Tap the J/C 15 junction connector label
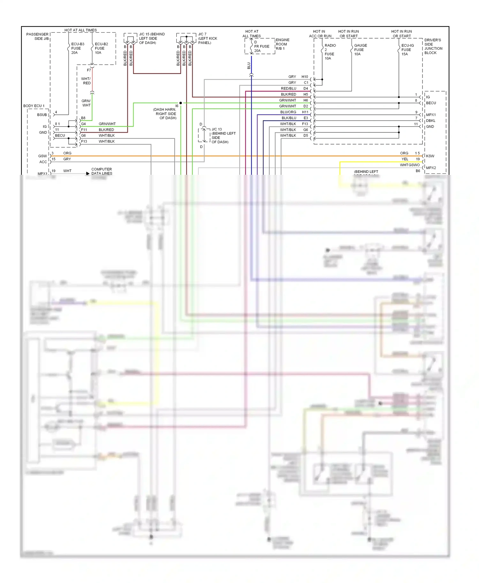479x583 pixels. tap(151, 38)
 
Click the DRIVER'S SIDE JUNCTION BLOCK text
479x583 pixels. tap(433, 46)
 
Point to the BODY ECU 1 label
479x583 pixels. tap(34, 106)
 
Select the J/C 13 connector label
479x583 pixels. tap(223, 136)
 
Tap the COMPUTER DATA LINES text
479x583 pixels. tap(102, 171)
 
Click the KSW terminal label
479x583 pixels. tap(430, 156)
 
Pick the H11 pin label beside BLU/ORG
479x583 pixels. tap(305, 112)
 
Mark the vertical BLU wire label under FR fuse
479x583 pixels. tap(249, 66)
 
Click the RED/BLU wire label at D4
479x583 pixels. tap(288, 88)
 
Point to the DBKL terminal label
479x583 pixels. tap(430, 121)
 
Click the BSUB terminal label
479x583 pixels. tap(42, 114)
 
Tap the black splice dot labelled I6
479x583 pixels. tap(180, 103)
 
